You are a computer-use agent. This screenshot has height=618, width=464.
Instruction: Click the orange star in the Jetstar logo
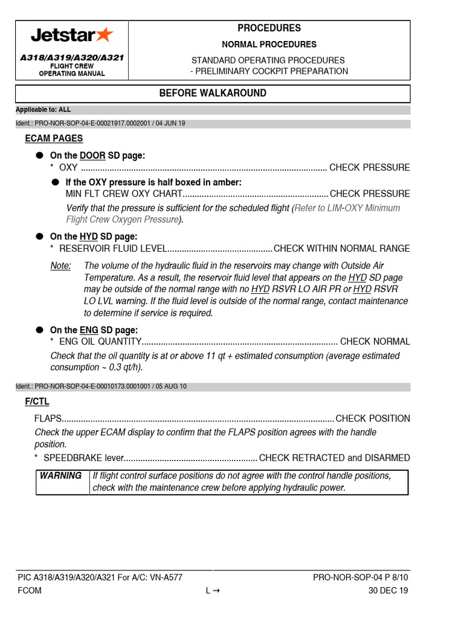point(105,35)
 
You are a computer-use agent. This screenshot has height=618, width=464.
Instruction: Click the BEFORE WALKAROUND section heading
point(212,93)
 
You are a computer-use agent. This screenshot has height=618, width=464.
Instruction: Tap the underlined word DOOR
point(92,156)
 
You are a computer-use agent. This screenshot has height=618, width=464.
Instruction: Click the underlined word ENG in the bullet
point(88,330)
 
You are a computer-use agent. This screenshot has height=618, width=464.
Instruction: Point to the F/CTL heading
point(37,401)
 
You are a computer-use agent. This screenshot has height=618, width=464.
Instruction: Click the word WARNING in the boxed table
point(60,476)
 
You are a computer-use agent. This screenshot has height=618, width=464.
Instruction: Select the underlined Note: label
point(60,266)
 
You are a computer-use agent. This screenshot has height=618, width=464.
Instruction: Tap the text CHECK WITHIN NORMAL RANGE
point(342,249)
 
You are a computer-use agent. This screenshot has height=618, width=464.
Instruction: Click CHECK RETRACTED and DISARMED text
point(334,458)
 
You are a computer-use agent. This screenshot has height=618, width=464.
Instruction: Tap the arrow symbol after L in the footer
point(215,591)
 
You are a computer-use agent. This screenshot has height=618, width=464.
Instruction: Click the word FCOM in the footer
point(30,591)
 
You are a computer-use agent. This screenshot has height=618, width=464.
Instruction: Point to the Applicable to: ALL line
point(43,110)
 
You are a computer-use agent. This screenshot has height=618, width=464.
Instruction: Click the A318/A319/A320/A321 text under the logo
point(72,57)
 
